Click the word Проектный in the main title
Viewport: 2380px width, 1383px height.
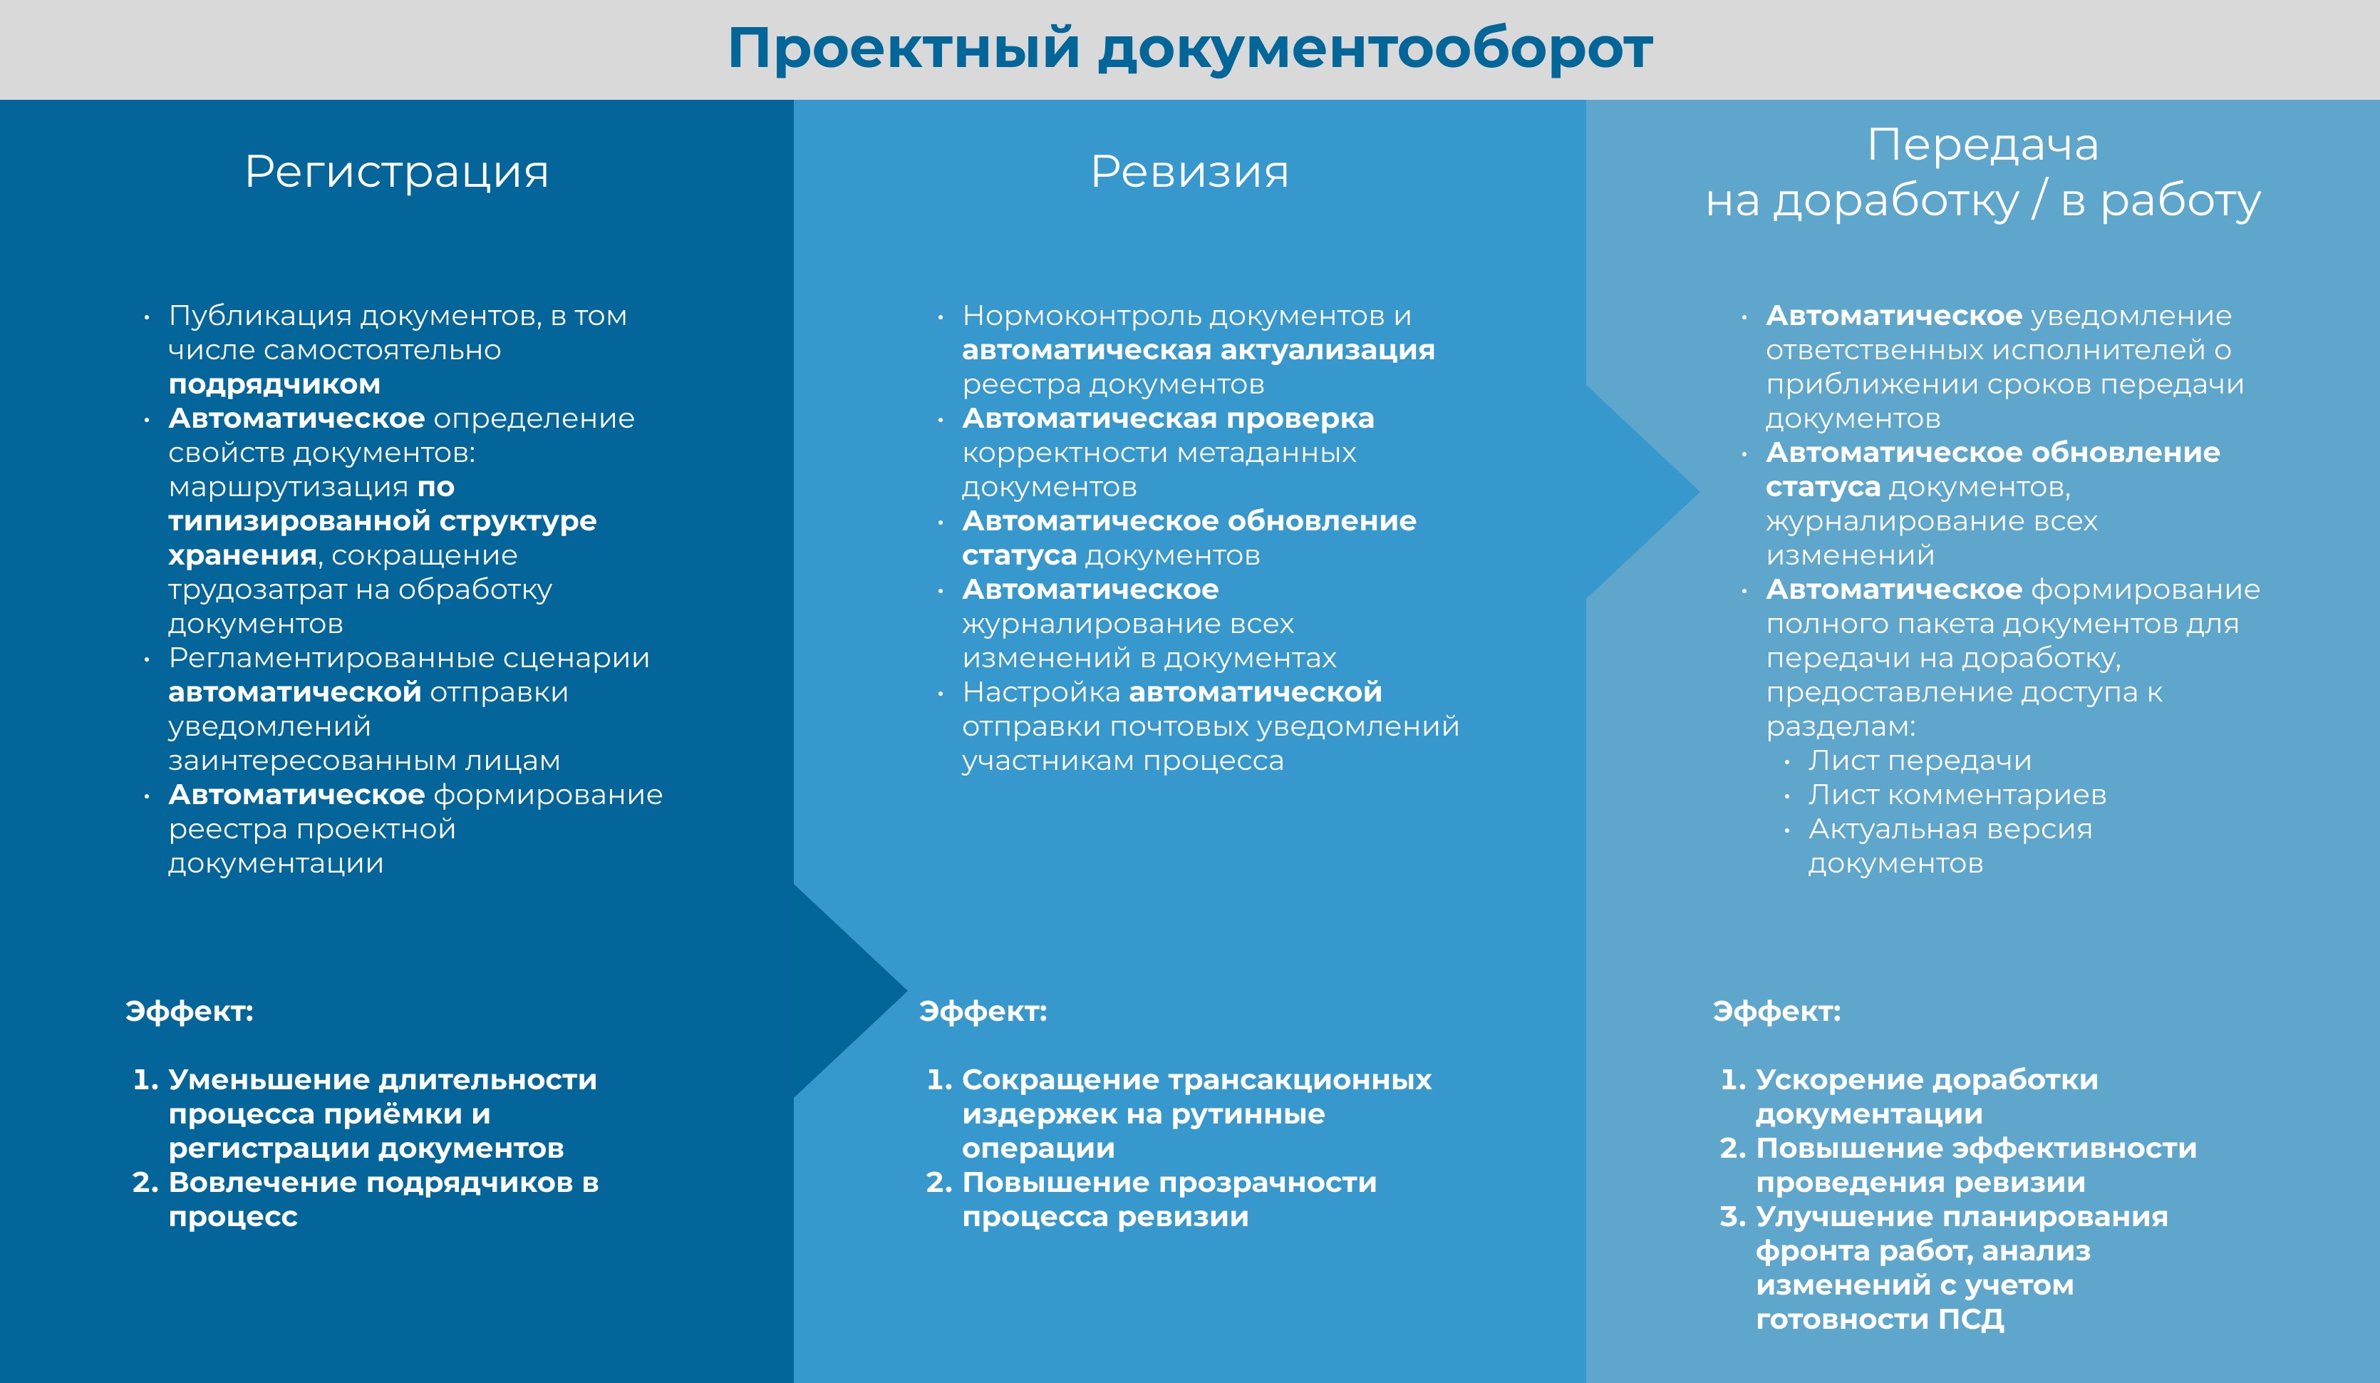pyautogui.click(x=904, y=49)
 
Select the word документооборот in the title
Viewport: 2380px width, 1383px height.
pyautogui.click(x=1375, y=49)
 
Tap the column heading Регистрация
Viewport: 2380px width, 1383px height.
pyautogui.click(x=397, y=173)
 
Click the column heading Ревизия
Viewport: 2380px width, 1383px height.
pyautogui.click(x=1190, y=172)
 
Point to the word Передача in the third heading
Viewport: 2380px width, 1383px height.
pyautogui.click(x=1983, y=145)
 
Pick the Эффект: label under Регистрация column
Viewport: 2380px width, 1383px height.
pyautogui.click(x=190, y=1012)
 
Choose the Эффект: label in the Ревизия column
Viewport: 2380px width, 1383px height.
pyautogui.click(x=983, y=1012)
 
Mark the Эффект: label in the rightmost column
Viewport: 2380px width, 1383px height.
pyautogui.click(x=1777, y=1012)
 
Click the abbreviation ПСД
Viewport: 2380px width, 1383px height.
pyautogui.click(x=1971, y=1320)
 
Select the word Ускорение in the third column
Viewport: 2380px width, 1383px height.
pyautogui.click(x=1834, y=1080)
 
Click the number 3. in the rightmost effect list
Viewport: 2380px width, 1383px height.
pyautogui.click(x=1733, y=1217)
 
